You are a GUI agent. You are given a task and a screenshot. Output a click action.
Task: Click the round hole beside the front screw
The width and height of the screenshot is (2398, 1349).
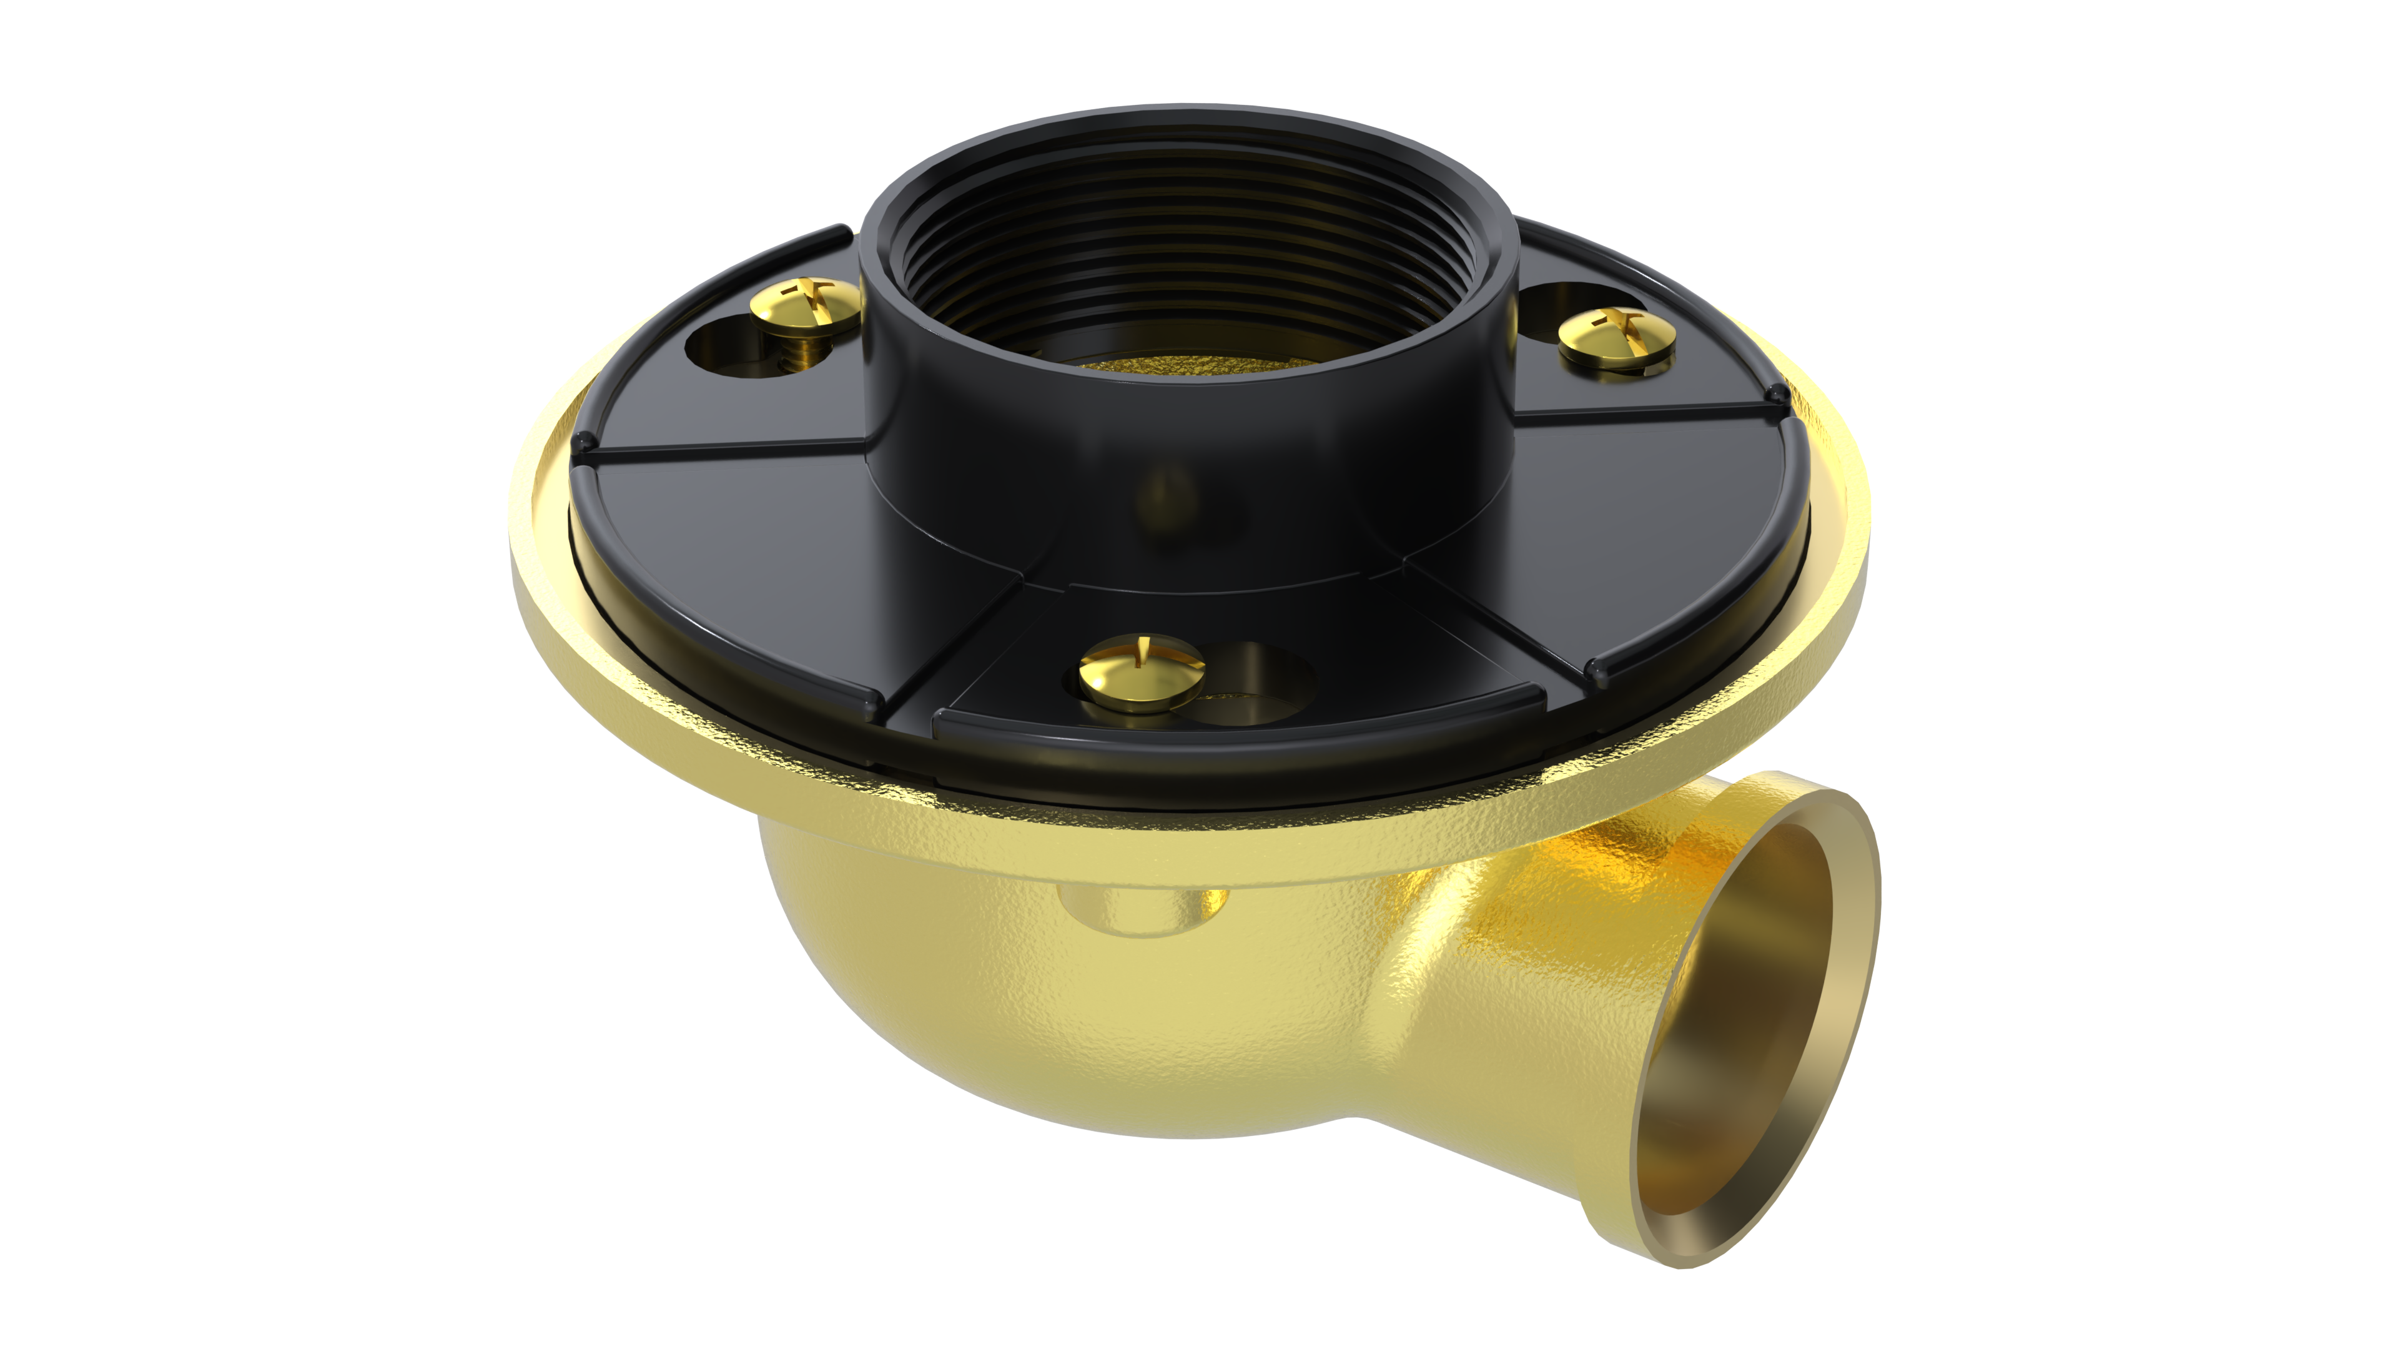point(1256,684)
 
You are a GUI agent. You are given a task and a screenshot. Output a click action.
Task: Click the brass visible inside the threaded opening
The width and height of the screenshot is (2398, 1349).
point(1182,365)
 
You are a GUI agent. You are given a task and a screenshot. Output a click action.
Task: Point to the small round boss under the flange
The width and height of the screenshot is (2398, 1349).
point(1140,907)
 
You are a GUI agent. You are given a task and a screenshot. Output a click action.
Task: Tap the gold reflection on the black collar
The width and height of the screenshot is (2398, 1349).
point(1168,493)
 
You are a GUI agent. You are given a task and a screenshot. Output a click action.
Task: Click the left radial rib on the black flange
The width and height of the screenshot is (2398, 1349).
point(726,452)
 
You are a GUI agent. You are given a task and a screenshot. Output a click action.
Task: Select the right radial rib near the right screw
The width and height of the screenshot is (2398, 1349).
point(1648,410)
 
